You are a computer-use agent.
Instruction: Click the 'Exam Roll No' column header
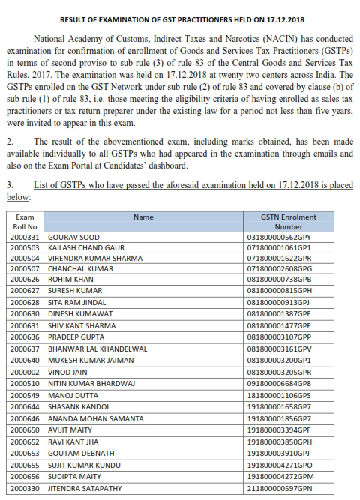pyautogui.click(x=24, y=222)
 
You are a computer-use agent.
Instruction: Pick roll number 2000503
pyautogui.click(x=24, y=248)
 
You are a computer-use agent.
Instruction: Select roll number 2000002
pyautogui.click(x=24, y=370)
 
